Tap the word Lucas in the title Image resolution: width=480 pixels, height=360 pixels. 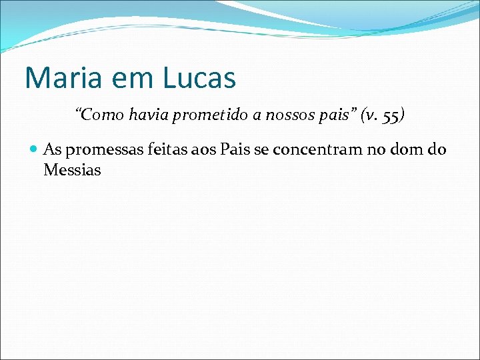click(x=199, y=78)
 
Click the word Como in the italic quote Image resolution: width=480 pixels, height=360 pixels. click(x=101, y=115)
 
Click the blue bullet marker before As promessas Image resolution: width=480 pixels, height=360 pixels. click(x=34, y=149)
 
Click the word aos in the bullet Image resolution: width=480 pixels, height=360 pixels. click(x=191, y=149)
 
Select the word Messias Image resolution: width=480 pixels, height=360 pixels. click(x=72, y=170)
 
